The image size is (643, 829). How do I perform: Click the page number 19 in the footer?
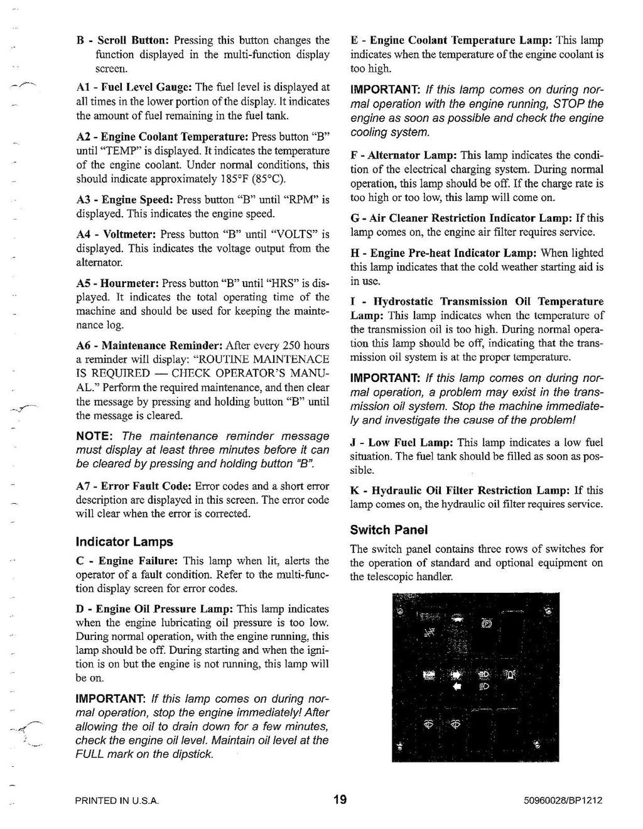click(x=340, y=800)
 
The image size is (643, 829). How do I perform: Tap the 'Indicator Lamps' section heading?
click(x=124, y=541)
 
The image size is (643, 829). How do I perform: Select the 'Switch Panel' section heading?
click(x=389, y=530)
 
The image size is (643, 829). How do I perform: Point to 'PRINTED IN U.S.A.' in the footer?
click(x=116, y=801)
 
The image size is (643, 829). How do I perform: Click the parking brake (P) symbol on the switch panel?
click(x=487, y=624)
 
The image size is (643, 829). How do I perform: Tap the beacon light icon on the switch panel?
click(x=509, y=676)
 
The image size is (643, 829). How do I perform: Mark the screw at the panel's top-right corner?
click(x=548, y=609)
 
